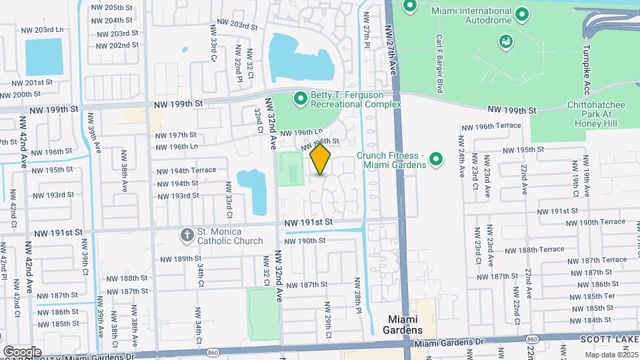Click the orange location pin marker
[x=321, y=159]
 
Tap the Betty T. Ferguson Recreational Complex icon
[x=300, y=99]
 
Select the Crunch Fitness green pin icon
[x=436, y=159]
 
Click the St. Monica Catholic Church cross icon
[x=187, y=235]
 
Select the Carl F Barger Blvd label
[x=440, y=63]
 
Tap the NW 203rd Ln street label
[x=42, y=31]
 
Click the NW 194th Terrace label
[x=185, y=170]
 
